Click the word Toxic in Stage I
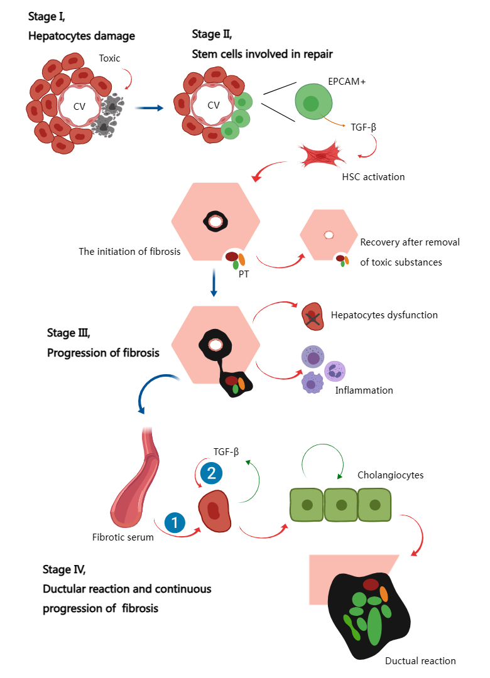[x=109, y=58]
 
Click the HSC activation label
[x=374, y=177]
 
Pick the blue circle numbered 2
[x=210, y=472]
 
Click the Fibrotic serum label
[x=122, y=537]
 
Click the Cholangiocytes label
[x=390, y=475]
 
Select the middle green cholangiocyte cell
[x=341, y=504]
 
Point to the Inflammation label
[x=364, y=390]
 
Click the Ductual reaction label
[x=420, y=660]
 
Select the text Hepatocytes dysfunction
[x=384, y=315]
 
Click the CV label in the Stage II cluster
[x=214, y=105]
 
